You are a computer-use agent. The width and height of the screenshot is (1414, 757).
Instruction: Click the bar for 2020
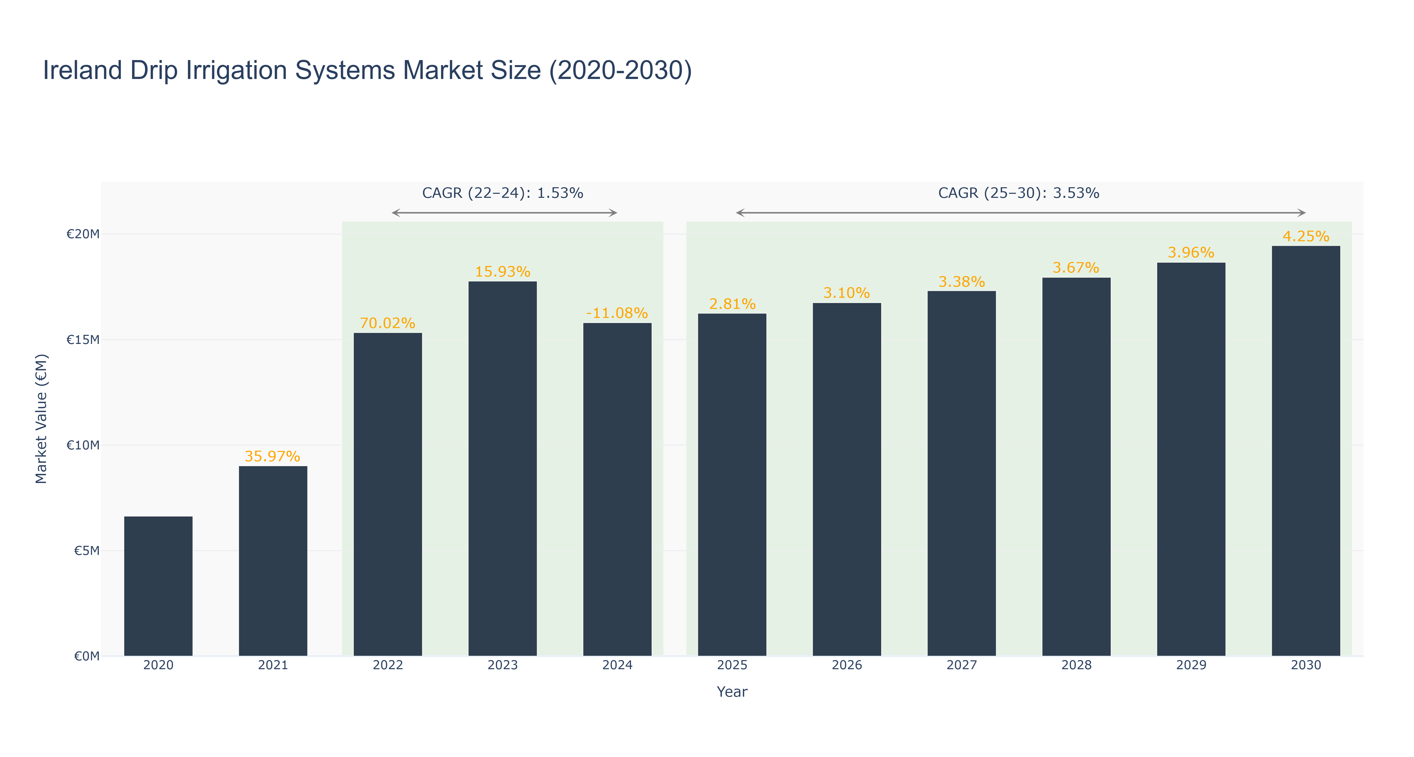click(x=158, y=586)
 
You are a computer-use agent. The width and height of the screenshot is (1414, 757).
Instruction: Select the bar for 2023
click(x=502, y=469)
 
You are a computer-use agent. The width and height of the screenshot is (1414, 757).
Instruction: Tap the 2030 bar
click(x=1306, y=451)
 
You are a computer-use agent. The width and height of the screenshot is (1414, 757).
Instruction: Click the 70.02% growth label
click(x=388, y=323)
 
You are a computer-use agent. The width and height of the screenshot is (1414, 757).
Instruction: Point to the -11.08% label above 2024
click(x=617, y=313)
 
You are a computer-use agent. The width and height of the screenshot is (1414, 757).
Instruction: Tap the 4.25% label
click(x=1306, y=236)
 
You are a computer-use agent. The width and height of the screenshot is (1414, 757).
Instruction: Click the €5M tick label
click(x=87, y=550)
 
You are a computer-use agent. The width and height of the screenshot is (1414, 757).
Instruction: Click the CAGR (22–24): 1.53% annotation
click(x=502, y=193)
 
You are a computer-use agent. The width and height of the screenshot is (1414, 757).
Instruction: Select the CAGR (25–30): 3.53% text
click(x=1019, y=193)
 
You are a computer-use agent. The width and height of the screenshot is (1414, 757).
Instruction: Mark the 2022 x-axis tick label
click(x=388, y=665)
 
